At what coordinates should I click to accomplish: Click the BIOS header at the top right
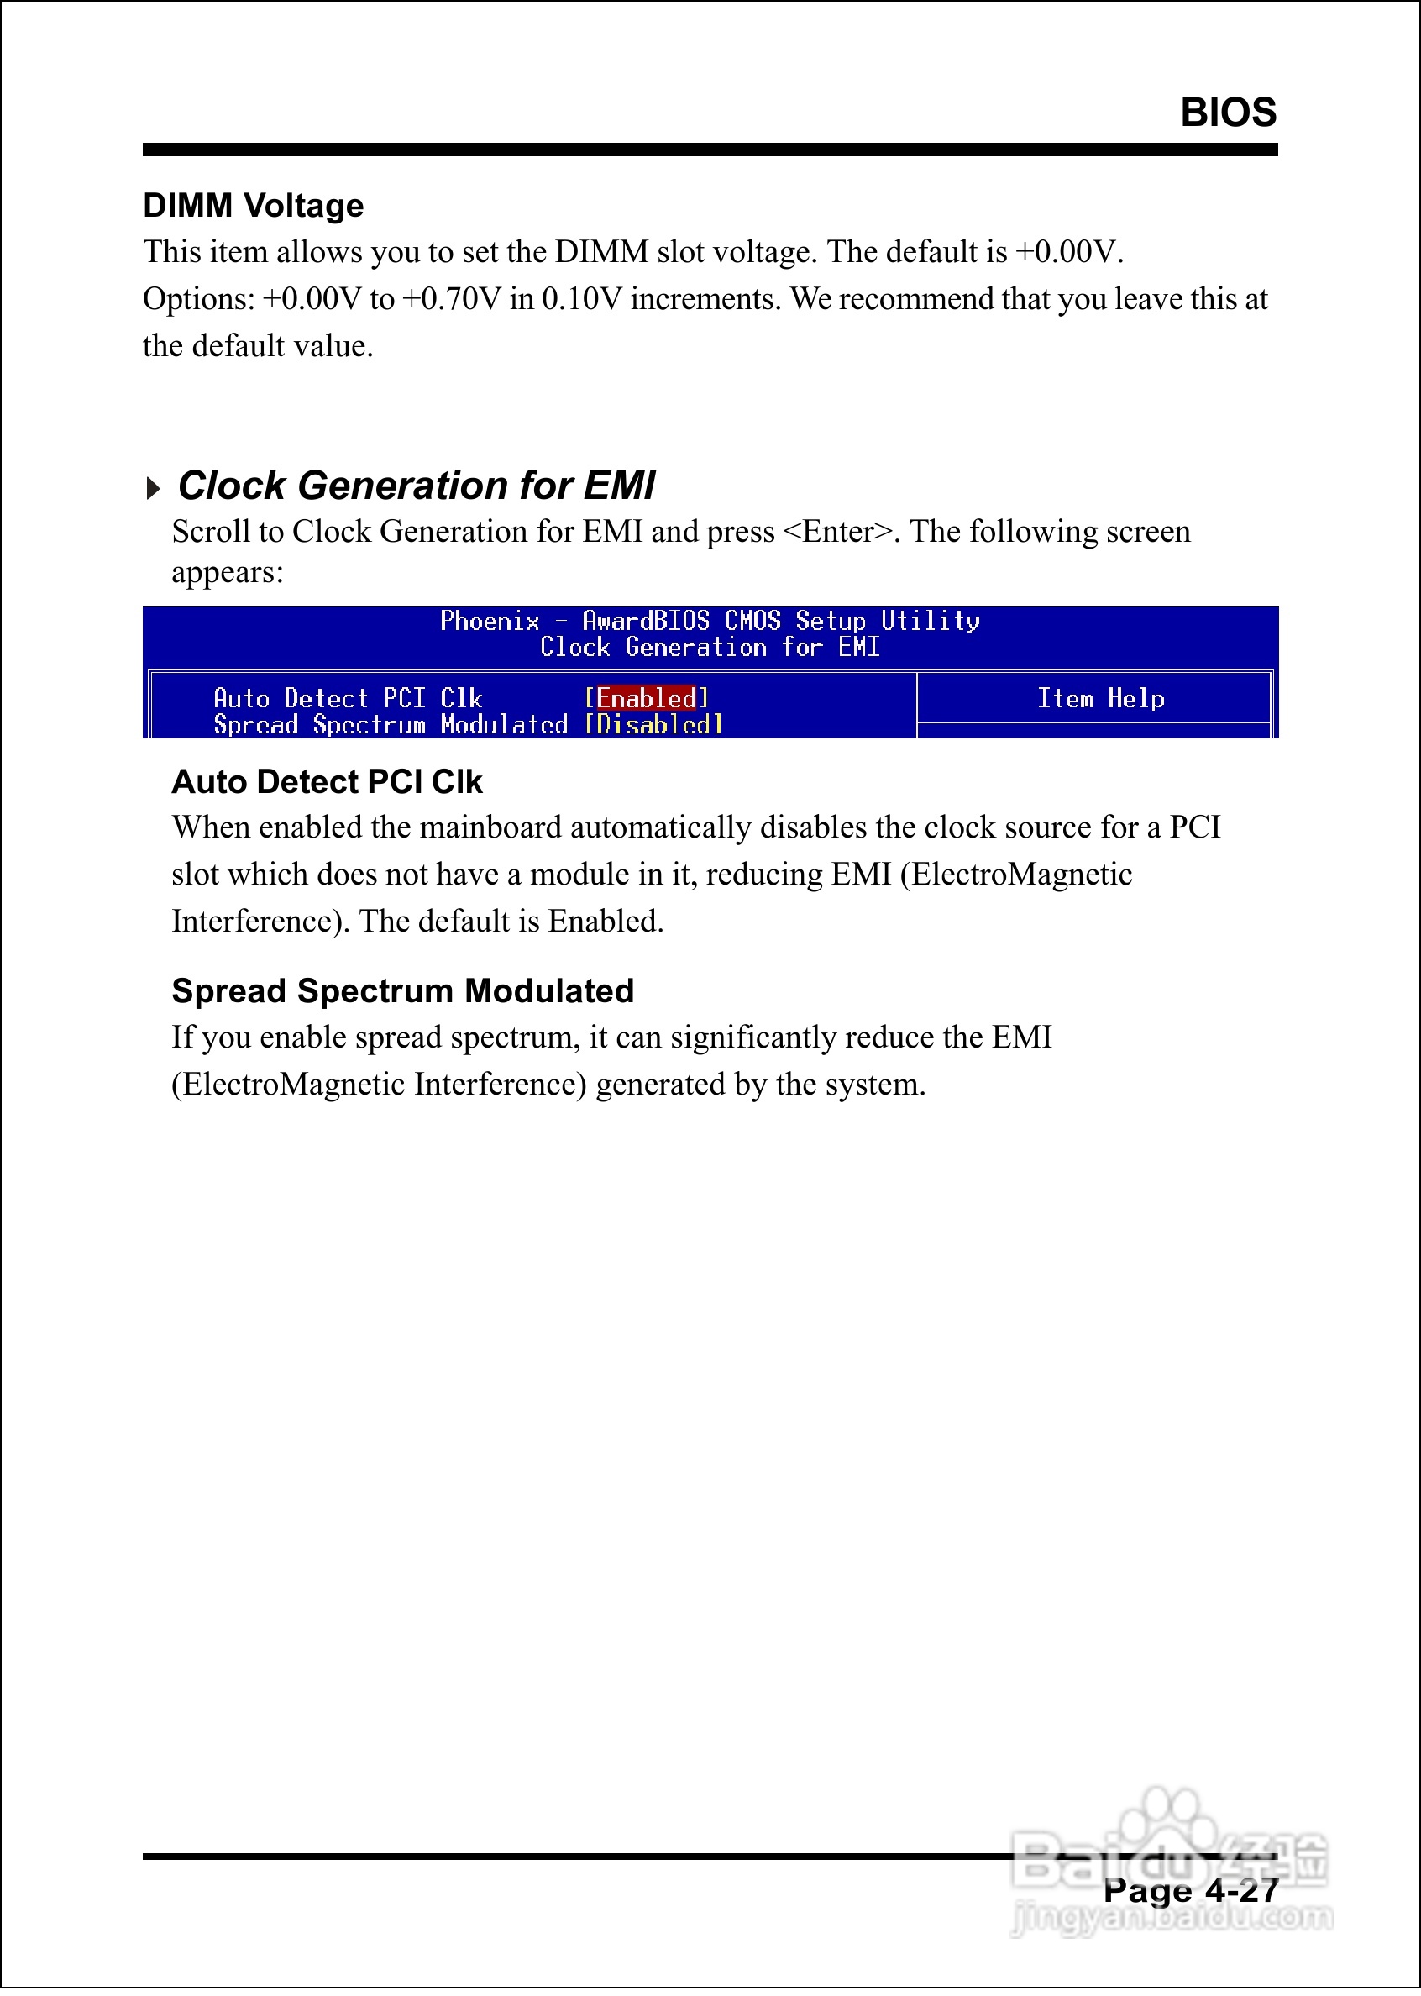coord(1228,113)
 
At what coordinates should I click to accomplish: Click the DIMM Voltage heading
coord(253,206)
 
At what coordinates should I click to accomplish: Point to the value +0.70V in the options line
coord(452,299)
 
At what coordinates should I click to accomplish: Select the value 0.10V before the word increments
coord(581,299)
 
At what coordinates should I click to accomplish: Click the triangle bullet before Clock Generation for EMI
coord(153,487)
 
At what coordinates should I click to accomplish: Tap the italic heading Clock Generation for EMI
coord(417,486)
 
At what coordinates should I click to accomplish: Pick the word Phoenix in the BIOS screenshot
coord(489,622)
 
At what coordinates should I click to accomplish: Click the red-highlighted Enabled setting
coord(646,698)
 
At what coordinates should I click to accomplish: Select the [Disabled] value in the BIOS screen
coord(653,724)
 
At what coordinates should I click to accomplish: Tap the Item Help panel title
coord(1100,698)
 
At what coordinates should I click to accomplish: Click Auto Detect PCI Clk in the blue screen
coord(348,698)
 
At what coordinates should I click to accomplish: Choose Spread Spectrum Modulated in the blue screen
coord(391,724)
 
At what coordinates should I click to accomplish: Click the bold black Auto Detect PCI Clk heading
coord(327,782)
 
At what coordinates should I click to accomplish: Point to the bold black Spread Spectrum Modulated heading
coord(402,991)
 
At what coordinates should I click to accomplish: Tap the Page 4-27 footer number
coord(1190,1891)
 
